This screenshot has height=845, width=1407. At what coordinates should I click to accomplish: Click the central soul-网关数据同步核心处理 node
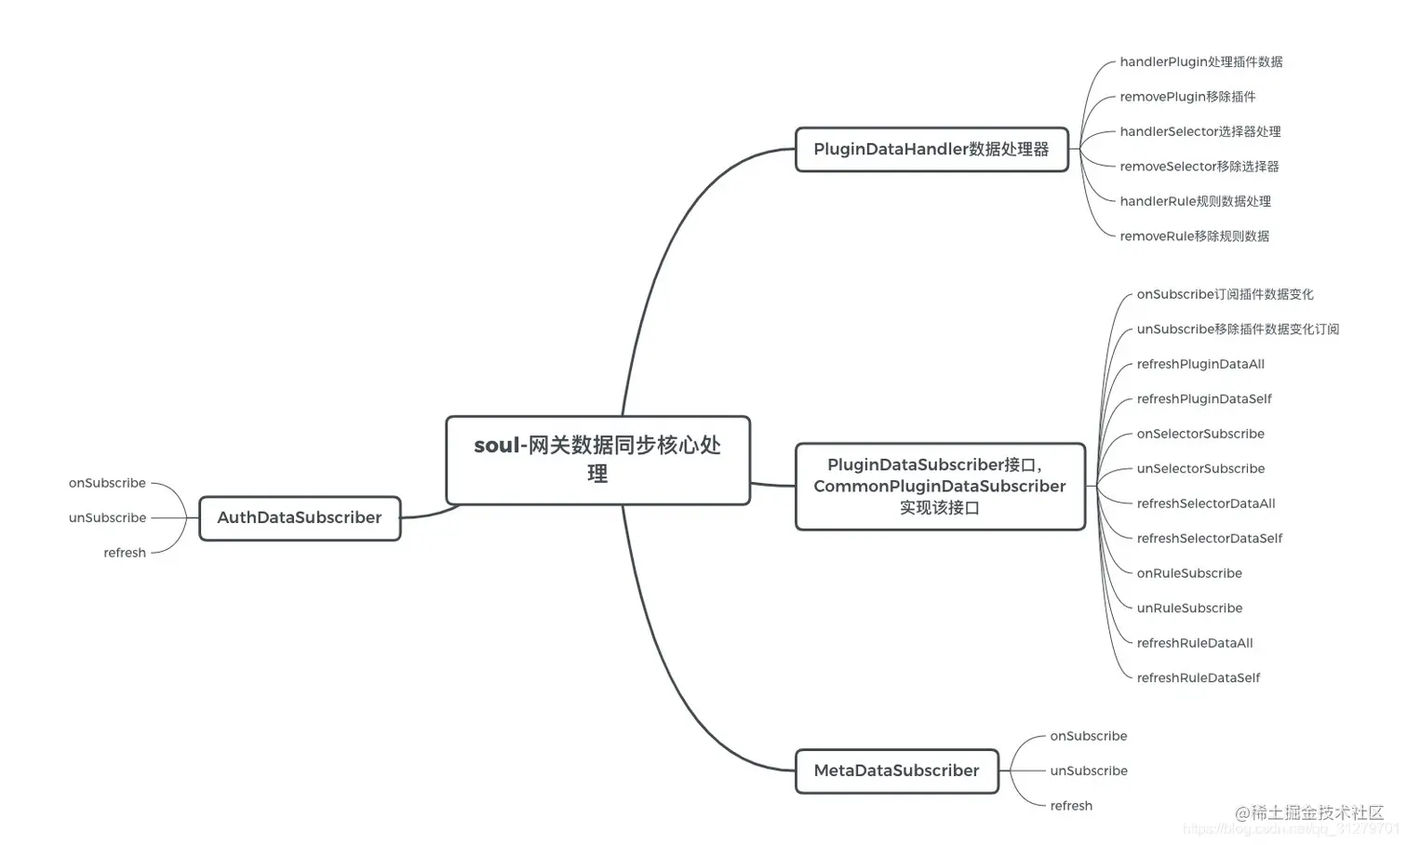point(597,460)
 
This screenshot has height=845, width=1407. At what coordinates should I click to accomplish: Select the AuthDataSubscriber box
point(300,518)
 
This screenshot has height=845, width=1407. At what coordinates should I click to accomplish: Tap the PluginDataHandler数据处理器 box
point(931,150)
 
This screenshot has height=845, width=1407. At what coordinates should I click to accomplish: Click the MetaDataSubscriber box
point(896,771)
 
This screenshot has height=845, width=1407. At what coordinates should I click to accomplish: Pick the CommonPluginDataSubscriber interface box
point(940,487)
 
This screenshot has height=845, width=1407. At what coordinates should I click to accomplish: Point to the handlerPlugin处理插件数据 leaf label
point(1200,62)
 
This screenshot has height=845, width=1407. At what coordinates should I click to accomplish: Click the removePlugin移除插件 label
point(1187,97)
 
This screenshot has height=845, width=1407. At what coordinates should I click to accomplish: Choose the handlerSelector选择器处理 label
point(1199,132)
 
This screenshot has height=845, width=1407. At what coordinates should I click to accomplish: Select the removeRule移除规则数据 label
point(1194,236)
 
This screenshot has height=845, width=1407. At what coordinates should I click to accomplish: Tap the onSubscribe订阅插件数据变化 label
point(1225,295)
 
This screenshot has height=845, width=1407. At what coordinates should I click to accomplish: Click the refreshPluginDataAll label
point(1200,365)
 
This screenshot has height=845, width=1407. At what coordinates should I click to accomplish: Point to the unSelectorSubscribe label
point(1200,469)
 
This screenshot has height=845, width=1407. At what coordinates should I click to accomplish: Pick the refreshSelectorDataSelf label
point(1209,539)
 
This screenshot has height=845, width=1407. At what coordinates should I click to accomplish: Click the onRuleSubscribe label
point(1189,574)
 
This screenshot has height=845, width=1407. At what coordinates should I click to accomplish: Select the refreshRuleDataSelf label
point(1198,678)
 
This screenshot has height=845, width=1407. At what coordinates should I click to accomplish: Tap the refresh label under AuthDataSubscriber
point(125,554)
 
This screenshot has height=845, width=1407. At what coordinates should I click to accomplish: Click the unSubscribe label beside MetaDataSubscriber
point(1089,771)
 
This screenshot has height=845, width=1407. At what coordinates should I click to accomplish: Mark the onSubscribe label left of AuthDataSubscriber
point(107,484)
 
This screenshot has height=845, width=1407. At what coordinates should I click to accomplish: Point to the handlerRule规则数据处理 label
point(1195,202)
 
